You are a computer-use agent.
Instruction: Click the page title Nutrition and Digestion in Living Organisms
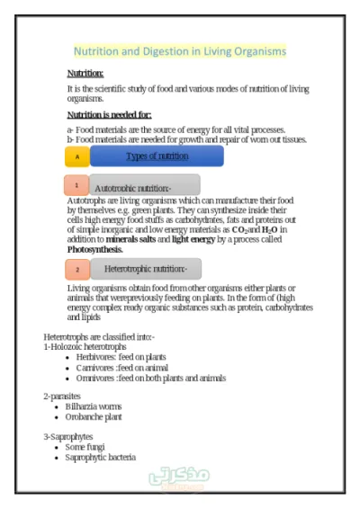pyautogui.click(x=180, y=51)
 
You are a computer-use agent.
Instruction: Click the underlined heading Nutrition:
pyautogui.click(x=85, y=74)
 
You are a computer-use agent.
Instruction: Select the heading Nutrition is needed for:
pyautogui.click(x=109, y=115)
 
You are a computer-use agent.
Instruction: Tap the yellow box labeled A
pyautogui.click(x=77, y=156)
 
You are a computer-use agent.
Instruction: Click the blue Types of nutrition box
pyautogui.click(x=157, y=156)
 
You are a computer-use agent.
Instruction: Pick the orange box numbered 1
pyautogui.click(x=76, y=185)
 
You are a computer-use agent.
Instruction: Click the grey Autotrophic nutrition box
pyautogui.click(x=144, y=186)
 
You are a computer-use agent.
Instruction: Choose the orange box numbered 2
pyautogui.click(x=77, y=269)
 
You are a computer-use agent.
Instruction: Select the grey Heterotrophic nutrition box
pyautogui.click(x=146, y=269)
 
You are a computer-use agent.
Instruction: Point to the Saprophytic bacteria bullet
pyautogui.click(x=101, y=457)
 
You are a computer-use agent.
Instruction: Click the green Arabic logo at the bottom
pyautogui.click(x=179, y=477)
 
